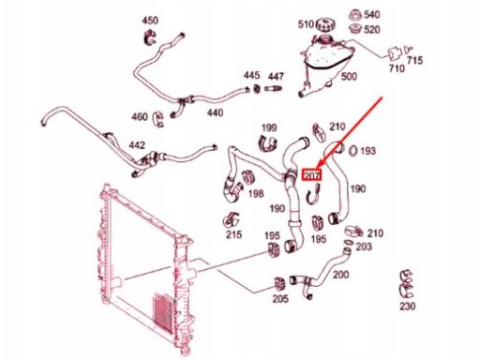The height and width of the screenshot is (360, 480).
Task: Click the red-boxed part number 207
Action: [x=311, y=175]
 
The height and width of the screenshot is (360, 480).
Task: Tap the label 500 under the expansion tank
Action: [x=349, y=76]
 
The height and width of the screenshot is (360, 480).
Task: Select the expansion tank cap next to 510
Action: [x=325, y=24]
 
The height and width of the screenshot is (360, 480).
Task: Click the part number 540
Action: [x=372, y=14]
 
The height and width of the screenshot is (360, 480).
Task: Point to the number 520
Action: [x=372, y=30]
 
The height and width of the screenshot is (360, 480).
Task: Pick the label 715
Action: [x=414, y=60]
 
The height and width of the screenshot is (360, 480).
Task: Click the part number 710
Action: [x=397, y=68]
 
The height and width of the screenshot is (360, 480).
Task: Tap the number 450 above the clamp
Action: [x=150, y=21]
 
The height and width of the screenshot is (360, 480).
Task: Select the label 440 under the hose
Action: [x=215, y=112]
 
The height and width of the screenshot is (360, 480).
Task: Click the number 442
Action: [x=137, y=145]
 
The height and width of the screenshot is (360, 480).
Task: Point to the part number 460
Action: [x=140, y=117]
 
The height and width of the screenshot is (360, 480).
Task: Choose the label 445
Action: [x=251, y=75]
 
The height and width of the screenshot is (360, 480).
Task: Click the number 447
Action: [x=276, y=76]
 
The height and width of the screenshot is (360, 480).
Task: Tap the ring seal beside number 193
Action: [x=352, y=151]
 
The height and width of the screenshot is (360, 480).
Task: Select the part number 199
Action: [x=269, y=127]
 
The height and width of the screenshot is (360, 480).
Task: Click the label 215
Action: [x=233, y=234]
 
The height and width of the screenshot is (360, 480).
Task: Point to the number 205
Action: [x=280, y=299]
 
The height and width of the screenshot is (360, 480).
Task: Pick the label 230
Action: [x=408, y=306]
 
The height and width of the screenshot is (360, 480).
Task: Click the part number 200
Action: [x=340, y=275]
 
